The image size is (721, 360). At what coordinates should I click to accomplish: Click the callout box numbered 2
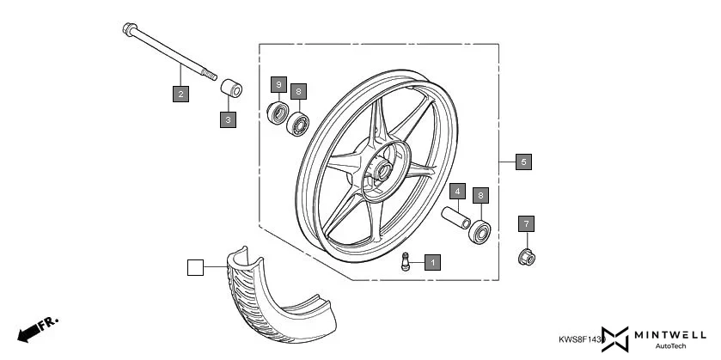pos(180,94)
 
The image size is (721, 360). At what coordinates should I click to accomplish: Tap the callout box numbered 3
pos(228,119)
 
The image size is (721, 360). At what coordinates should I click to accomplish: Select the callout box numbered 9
pos(278,84)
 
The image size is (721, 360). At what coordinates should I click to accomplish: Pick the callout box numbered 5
pos(523,161)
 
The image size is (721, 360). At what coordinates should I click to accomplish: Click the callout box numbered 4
pos(458,191)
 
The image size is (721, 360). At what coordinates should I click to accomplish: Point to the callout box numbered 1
pos(432,262)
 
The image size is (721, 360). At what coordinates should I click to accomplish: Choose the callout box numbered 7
pos(527,224)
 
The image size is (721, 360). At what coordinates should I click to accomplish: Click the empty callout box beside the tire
pos(196,268)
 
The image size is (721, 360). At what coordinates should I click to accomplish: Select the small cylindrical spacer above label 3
pos(229,88)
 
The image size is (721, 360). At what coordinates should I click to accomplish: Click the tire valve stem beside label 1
pos(407,263)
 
